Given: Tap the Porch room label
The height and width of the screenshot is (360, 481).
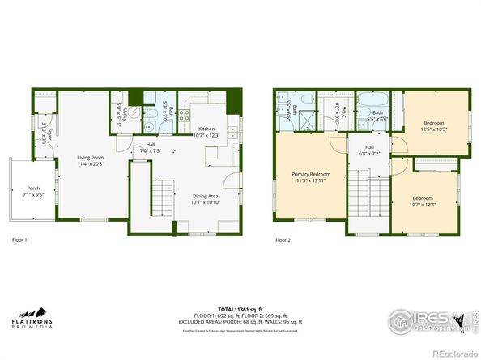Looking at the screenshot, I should pyautogui.click(x=33, y=189).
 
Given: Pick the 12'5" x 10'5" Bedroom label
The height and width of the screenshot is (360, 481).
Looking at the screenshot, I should pyautogui.click(x=434, y=123).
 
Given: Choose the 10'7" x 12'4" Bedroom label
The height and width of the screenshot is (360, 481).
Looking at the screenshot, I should pyautogui.click(x=422, y=198).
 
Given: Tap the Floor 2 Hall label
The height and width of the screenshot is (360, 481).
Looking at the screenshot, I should pyautogui.click(x=368, y=147).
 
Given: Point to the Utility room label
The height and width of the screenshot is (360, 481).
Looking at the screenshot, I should pyautogui.click(x=119, y=114).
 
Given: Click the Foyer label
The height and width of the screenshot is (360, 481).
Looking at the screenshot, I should pyautogui.click(x=48, y=133).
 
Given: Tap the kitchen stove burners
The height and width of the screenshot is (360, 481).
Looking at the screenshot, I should pyautogui.click(x=184, y=116).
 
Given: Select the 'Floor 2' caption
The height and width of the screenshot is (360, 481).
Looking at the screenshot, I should pyautogui.click(x=282, y=240).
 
